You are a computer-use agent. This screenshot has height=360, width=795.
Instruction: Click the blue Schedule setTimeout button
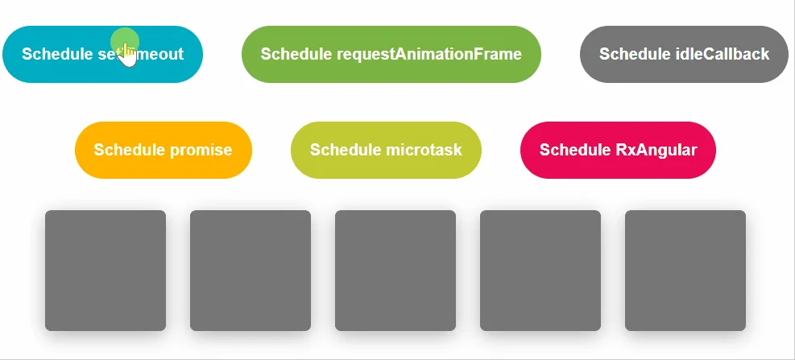click(x=102, y=54)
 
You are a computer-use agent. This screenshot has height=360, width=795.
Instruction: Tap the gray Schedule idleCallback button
click(x=684, y=54)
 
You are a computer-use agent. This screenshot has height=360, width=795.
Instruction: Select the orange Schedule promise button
click(x=163, y=150)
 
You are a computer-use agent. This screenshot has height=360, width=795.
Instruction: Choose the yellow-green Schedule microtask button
click(x=386, y=150)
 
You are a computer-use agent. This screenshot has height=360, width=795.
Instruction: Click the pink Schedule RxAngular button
click(x=618, y=150)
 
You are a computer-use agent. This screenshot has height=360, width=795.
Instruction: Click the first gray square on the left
click(x=106, y=271)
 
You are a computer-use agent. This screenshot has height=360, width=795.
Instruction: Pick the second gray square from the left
click(x=251, y=271)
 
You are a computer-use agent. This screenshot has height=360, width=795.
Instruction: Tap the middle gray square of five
click(x=395, y=271)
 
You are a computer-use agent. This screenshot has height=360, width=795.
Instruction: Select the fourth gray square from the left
click(x=540, y=271)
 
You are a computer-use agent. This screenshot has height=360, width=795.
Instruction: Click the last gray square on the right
click(x=685, y=271)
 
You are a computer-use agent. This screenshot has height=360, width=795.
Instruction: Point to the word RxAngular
click(x=656, y=150)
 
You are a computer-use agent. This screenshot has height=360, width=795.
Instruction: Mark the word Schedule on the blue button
click(x=56, y=54)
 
